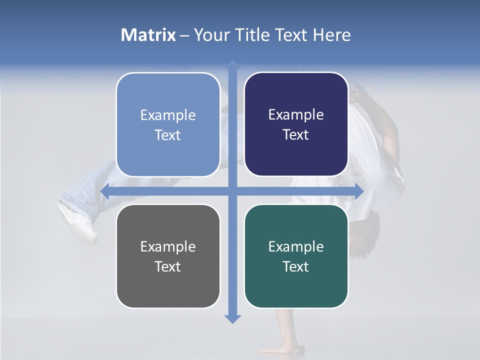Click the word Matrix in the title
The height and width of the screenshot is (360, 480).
(148, 35)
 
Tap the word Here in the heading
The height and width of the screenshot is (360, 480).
(331, 35)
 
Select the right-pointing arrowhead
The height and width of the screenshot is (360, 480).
(358, 191)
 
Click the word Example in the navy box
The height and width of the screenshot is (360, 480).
(296, 114)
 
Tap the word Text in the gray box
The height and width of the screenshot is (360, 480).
(168, 266)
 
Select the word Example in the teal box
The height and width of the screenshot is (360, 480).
(296, 246)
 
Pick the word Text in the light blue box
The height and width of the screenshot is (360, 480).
(168, 135)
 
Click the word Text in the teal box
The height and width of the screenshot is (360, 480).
(296, 266)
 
